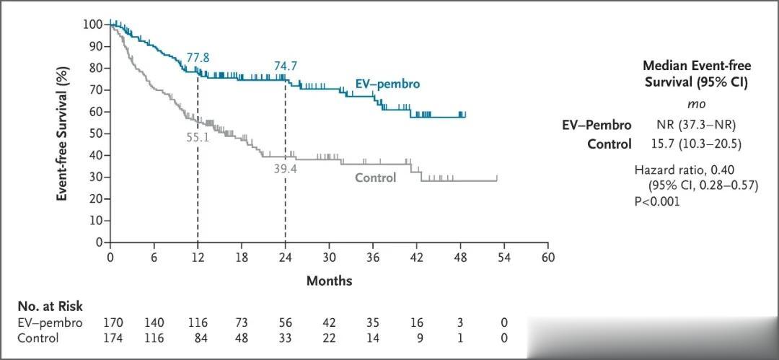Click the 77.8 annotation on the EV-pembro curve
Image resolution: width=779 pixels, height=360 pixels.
(x=198, y=58)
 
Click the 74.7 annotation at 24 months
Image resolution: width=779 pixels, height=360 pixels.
(x=286, y=66)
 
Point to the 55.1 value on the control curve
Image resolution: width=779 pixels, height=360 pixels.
(x=198, y=136)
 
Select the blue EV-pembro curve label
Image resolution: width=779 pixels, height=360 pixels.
(x=387, y=84)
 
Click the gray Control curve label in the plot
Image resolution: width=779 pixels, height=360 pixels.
(x=375, y=177)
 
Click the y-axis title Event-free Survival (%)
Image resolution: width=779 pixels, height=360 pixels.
(x=63, y=133)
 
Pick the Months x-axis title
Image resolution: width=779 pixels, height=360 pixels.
(x=329, y=281)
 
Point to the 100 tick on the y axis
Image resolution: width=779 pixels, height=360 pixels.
(x=92, y=24)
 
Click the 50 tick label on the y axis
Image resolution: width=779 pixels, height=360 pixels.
(x=94, y=133)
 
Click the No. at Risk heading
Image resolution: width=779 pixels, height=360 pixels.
(x=50, y=307)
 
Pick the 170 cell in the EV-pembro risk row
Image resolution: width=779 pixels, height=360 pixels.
(x=110, y=322)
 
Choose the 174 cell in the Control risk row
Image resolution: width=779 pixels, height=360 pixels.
(x=110, y=338)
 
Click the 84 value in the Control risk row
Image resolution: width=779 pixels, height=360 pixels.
(x=198, y=338)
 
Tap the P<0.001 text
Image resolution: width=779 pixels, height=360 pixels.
(x=657, y=201)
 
